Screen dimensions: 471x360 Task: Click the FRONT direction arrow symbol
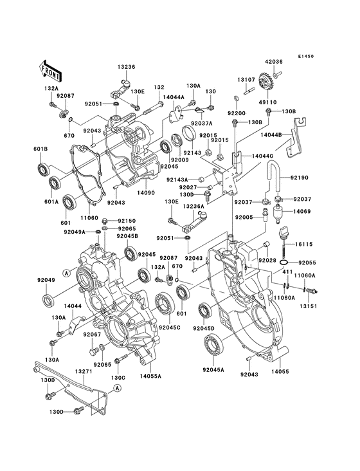pyautogui.click(x=51, y=68)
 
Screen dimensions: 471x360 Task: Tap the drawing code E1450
pyautogui.click(x=305, y=56)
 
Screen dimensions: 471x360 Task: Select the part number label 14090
pyautogui.click(x=147, y=192)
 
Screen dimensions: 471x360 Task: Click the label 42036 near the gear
pyautogui.click(x=273, y=62)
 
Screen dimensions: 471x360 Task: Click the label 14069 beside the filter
pyautogui.click(x=302, y=211)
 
